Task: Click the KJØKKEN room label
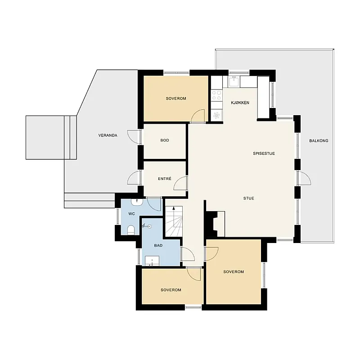[240, 103]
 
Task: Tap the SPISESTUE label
[264, 153]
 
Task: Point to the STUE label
[249, 198]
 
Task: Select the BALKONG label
[319, 141]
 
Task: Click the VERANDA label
[108, 135]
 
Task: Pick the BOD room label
[165, 140]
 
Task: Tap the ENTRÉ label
[165, 179]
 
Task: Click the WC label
[131, 214]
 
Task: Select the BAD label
[158, 245]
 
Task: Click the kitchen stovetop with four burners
[216, 95]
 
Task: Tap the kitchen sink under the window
[234, 82]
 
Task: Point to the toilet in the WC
[131, 230]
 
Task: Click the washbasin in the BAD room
[152, 261]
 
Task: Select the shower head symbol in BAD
[147, 226]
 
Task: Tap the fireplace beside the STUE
[215, 223]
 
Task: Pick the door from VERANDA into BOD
[134, 137]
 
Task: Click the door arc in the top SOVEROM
[198, 116]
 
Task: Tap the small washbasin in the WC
[137, 202]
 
